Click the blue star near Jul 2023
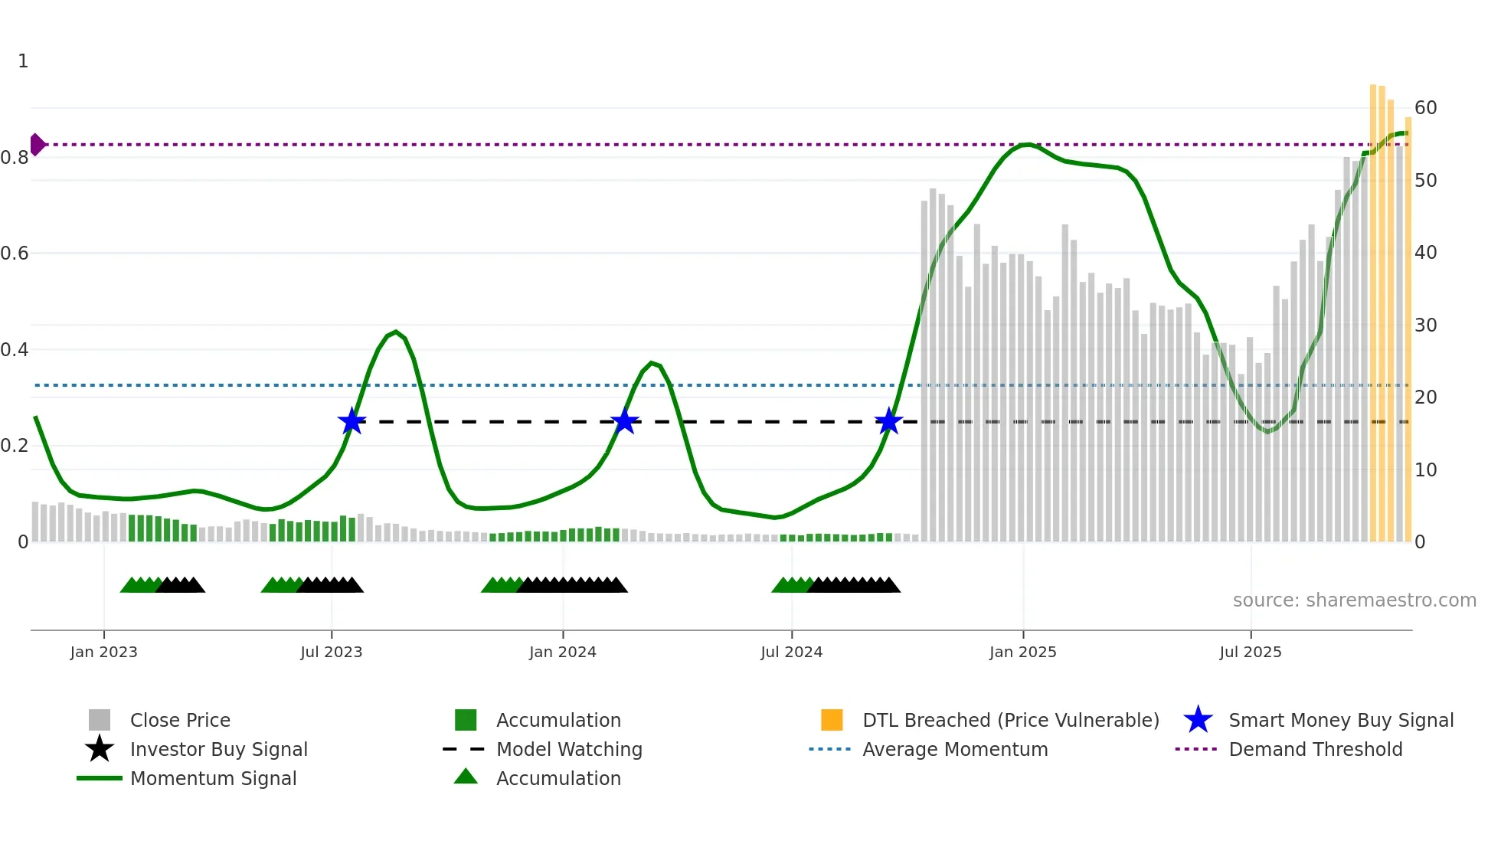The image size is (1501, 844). [352, 421]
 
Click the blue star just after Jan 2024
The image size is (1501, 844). [625, 421]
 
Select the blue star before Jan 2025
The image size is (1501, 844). [888, 421]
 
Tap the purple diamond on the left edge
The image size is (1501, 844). [37, 144]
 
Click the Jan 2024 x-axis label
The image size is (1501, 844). [562, 652]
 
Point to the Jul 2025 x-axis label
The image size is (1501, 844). [1250, 652]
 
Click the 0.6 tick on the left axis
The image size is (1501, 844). [15, 254]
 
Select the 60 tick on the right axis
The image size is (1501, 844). [1425, 108]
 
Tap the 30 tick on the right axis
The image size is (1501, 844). [1425, 325]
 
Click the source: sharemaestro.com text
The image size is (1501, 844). [1354, 600]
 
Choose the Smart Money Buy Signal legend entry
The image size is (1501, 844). [1340, 720]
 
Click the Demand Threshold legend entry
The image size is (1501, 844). [1315, 749]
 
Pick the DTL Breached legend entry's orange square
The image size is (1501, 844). [832, 720]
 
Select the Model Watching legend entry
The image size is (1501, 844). [568, 749]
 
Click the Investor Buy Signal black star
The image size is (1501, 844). [100, 749]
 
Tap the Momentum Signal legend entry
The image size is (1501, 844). [213, 778]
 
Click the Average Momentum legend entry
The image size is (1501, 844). [954, 749]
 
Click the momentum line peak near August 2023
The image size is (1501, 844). [395, 332]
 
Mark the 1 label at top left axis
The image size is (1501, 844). [23, 61]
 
